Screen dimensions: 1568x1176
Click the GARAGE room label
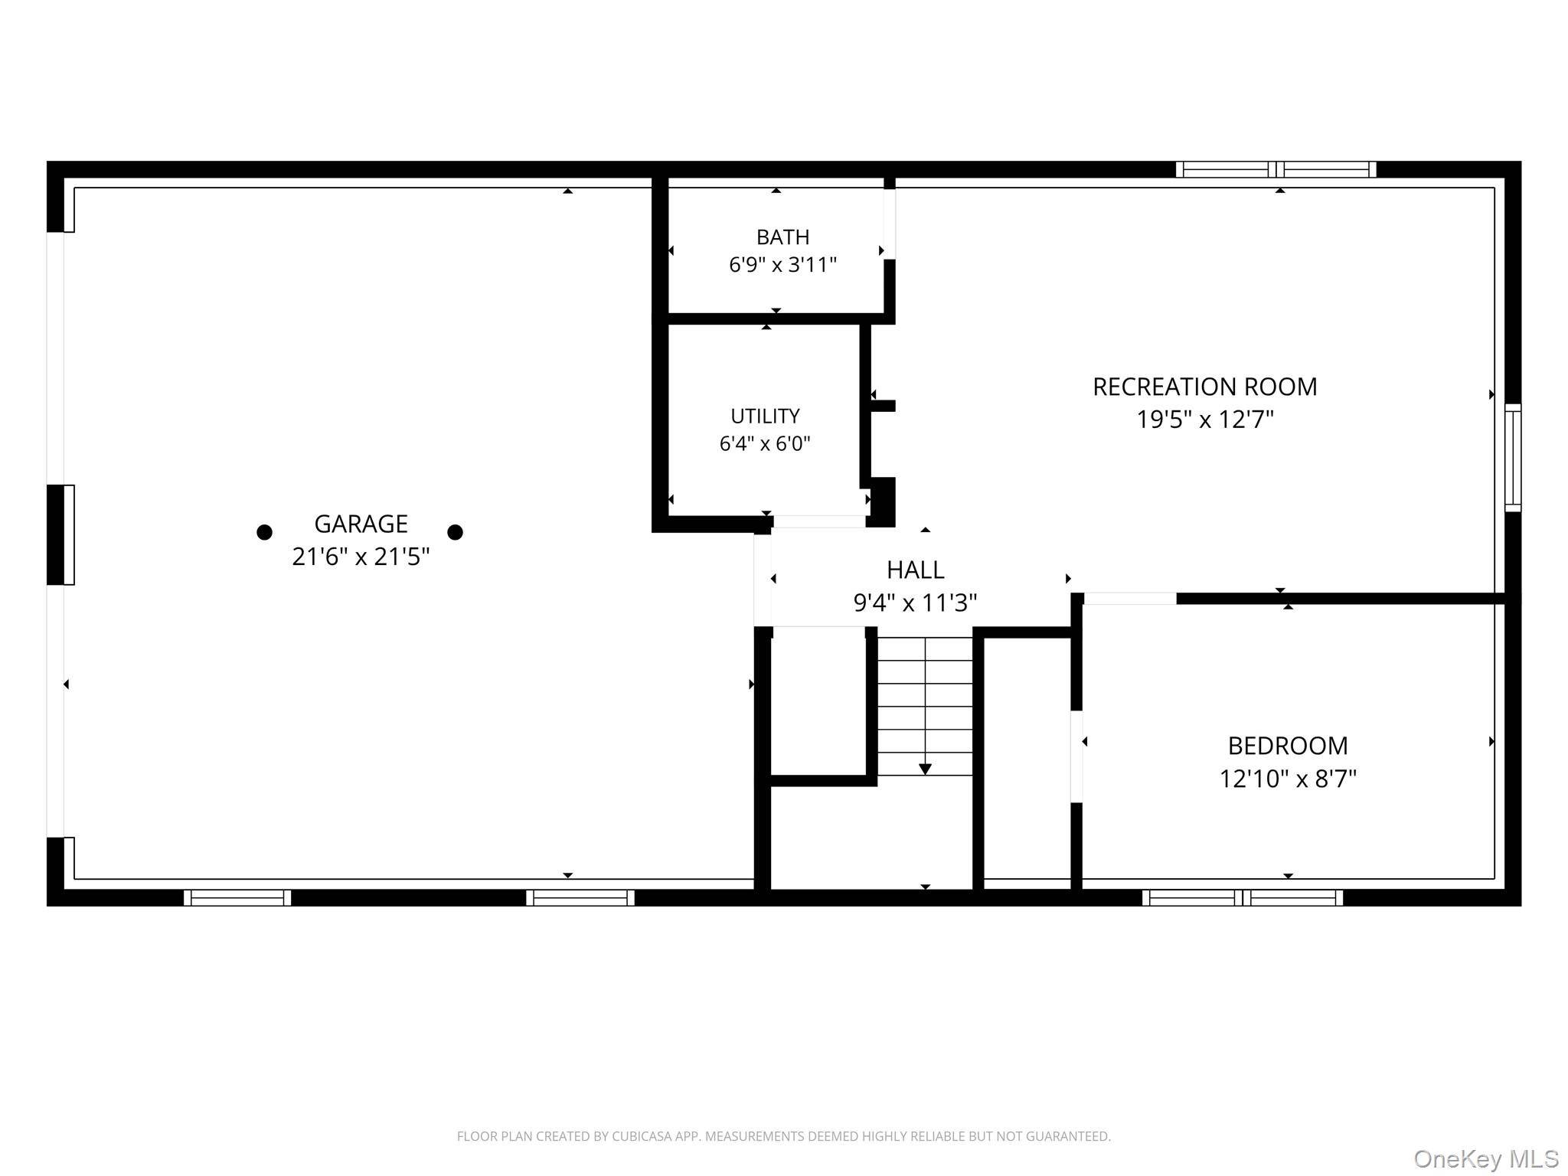click(x=361, y=524)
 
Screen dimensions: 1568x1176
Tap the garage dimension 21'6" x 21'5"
click(x=361, y=557)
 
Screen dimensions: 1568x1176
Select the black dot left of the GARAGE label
click(x=264, y=532)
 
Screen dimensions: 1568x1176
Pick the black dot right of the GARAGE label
click(x=455, y=532)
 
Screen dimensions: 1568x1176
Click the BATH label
click(x=782, y=237)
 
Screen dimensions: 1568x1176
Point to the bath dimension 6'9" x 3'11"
click(x=782, y=265)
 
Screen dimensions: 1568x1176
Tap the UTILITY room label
click(x=765, y=416)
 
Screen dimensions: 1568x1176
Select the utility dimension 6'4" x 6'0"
click(x=765, y=444)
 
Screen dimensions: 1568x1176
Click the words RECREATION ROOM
click(x=1204, y=387)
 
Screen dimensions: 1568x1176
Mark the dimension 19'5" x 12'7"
click(x=1204, y=420)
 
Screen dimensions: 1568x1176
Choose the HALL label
click(x=915, y=570)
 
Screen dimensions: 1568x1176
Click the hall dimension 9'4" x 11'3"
click(x=915, y=603)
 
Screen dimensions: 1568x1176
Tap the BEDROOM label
click(x=1288, y=746)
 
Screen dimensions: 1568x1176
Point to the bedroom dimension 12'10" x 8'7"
click(x=1288, y=779)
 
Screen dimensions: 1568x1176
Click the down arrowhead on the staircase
click(x=925, y=769)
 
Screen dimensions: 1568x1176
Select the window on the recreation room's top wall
click(x=1276, y=169)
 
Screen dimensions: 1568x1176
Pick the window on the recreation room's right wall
click(x=1513, y=458)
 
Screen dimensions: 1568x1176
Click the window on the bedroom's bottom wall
click(x=1243, y=897)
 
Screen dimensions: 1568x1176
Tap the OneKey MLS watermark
click(x=1486, y=1160)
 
